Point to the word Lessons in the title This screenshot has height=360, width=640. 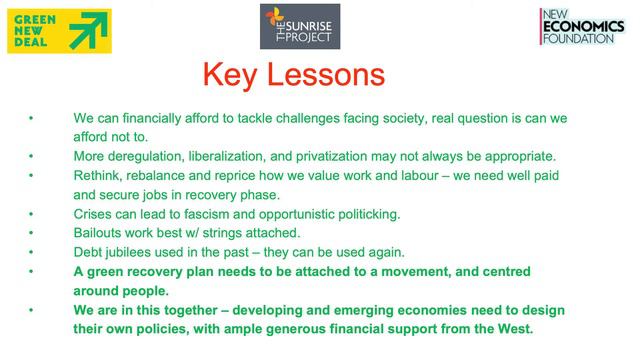(327, 76)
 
